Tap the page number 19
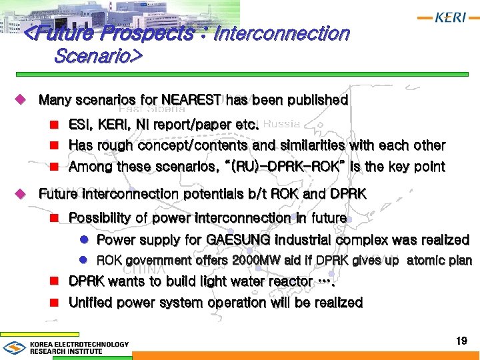point(461,341)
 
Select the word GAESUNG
point(238,239)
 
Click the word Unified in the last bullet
point(93,303)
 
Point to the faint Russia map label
point(281,123)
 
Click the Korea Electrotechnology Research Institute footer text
point(79,347)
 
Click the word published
point(317,100)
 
